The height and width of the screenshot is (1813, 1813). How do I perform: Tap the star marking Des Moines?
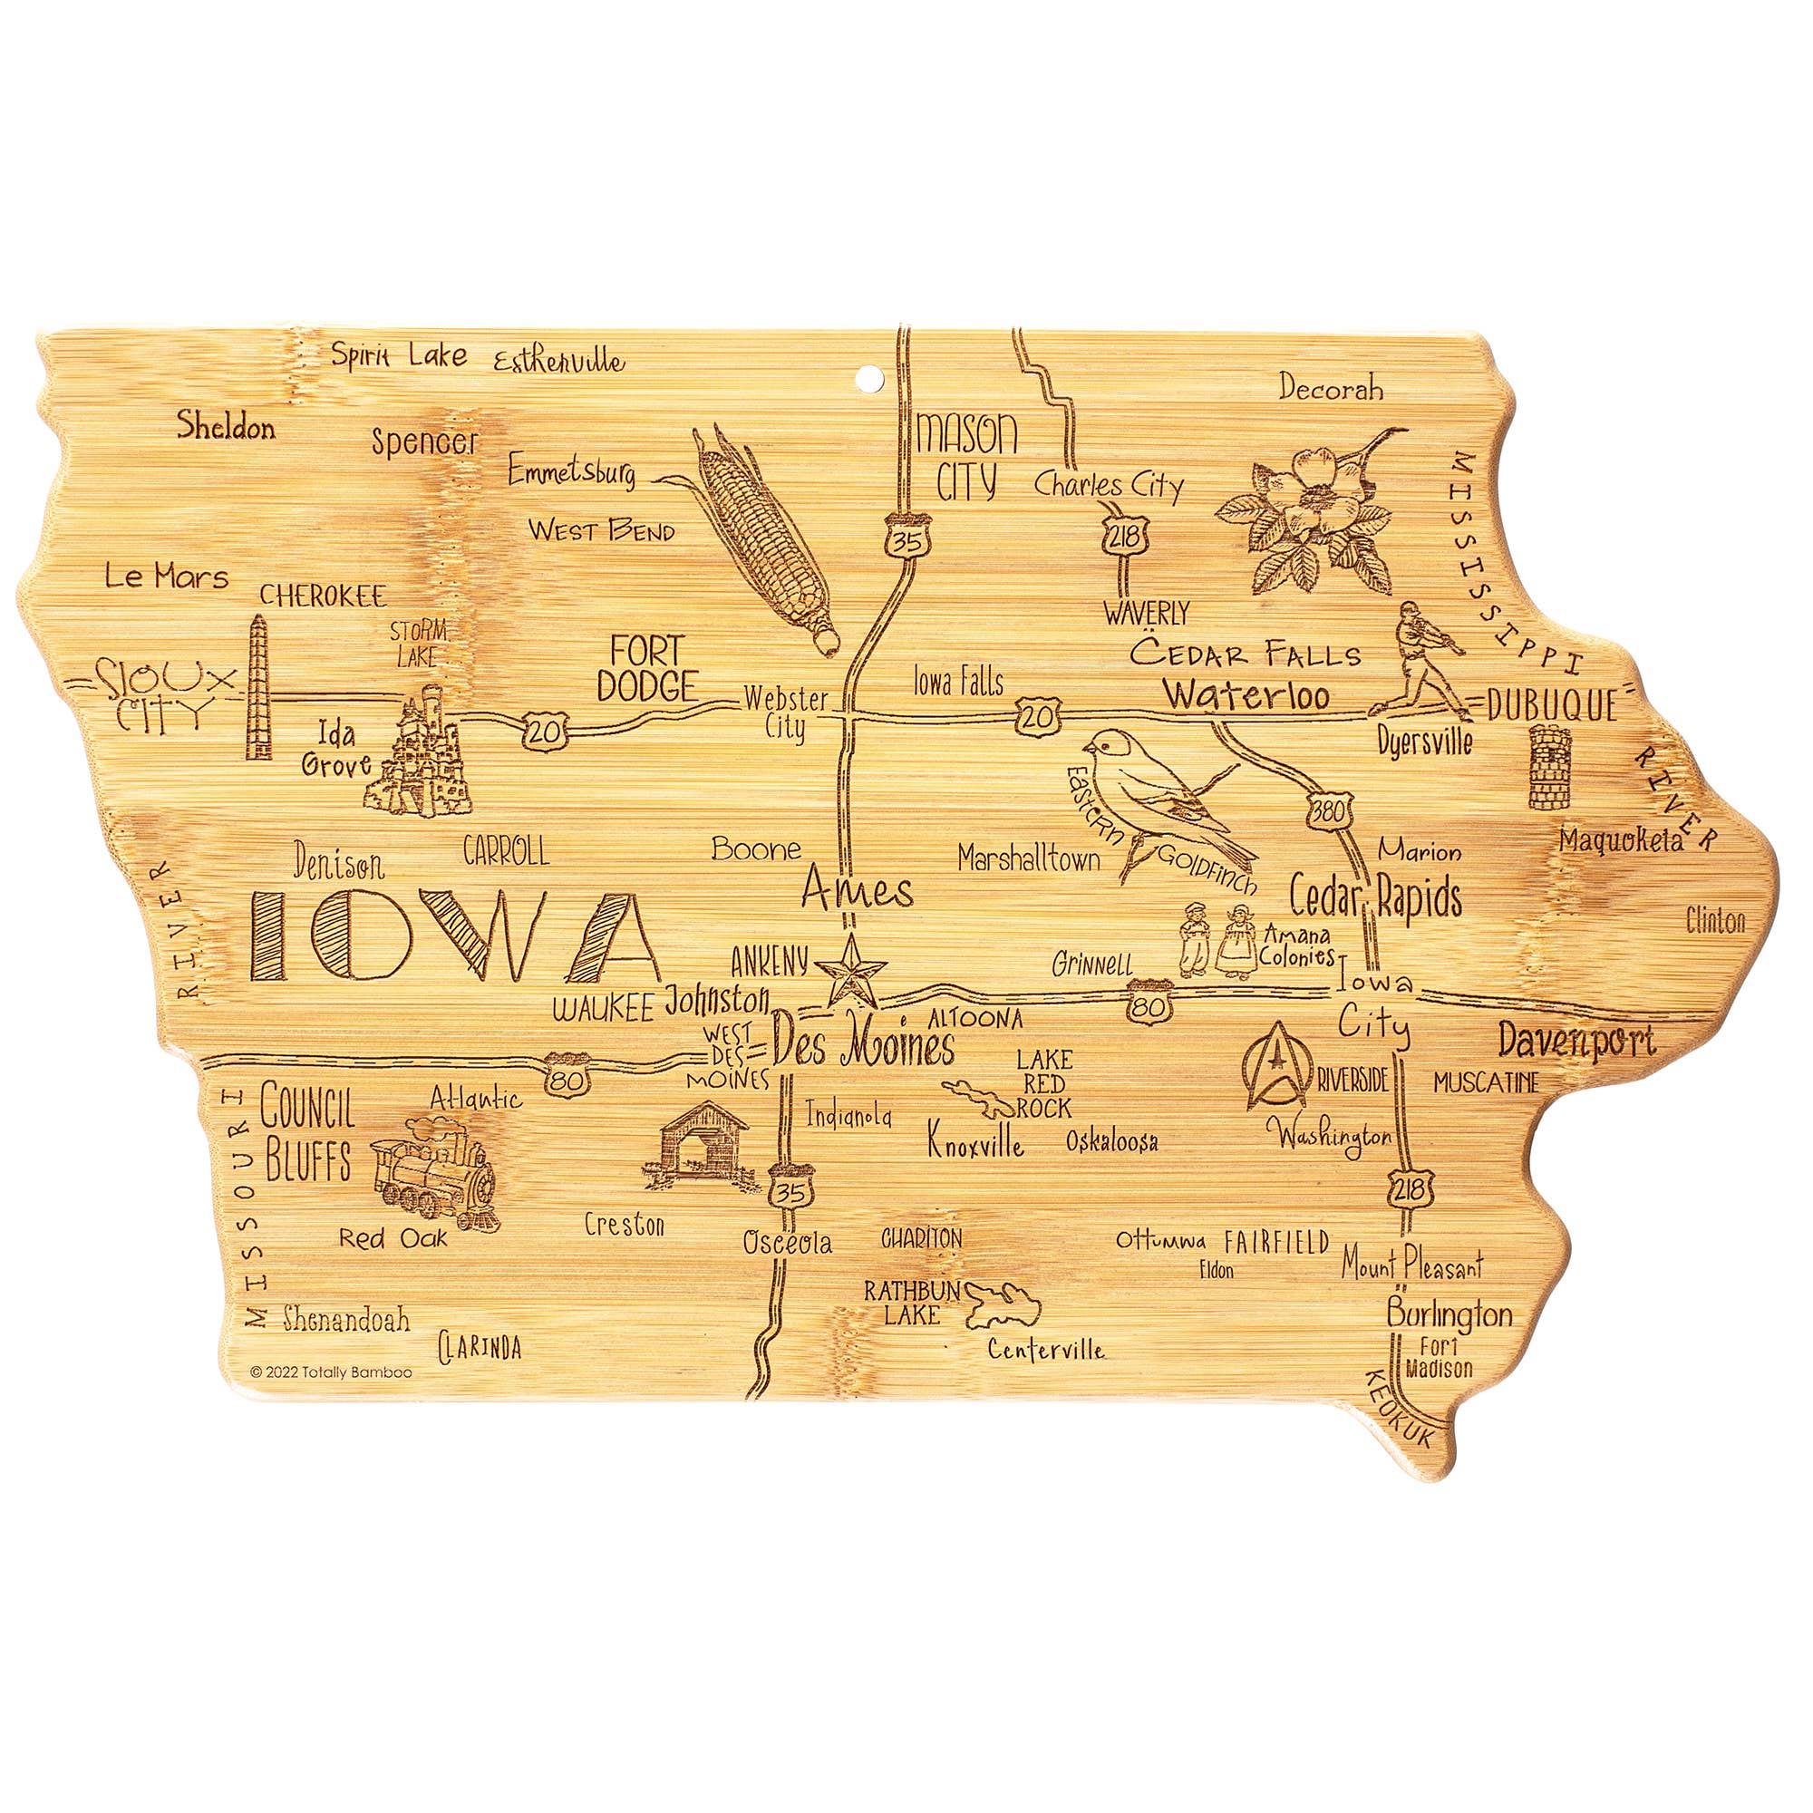[850, 970]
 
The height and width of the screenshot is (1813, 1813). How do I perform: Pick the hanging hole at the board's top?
[871, 378]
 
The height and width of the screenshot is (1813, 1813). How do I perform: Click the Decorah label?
[1331, 388]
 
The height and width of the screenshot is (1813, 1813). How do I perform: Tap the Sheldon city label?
[226, 427]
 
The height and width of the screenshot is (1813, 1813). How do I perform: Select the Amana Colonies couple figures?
[1217, 940]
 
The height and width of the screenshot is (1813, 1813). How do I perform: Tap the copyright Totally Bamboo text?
[331, 1372]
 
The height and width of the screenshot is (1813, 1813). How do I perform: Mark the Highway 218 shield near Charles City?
[1122, 536]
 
